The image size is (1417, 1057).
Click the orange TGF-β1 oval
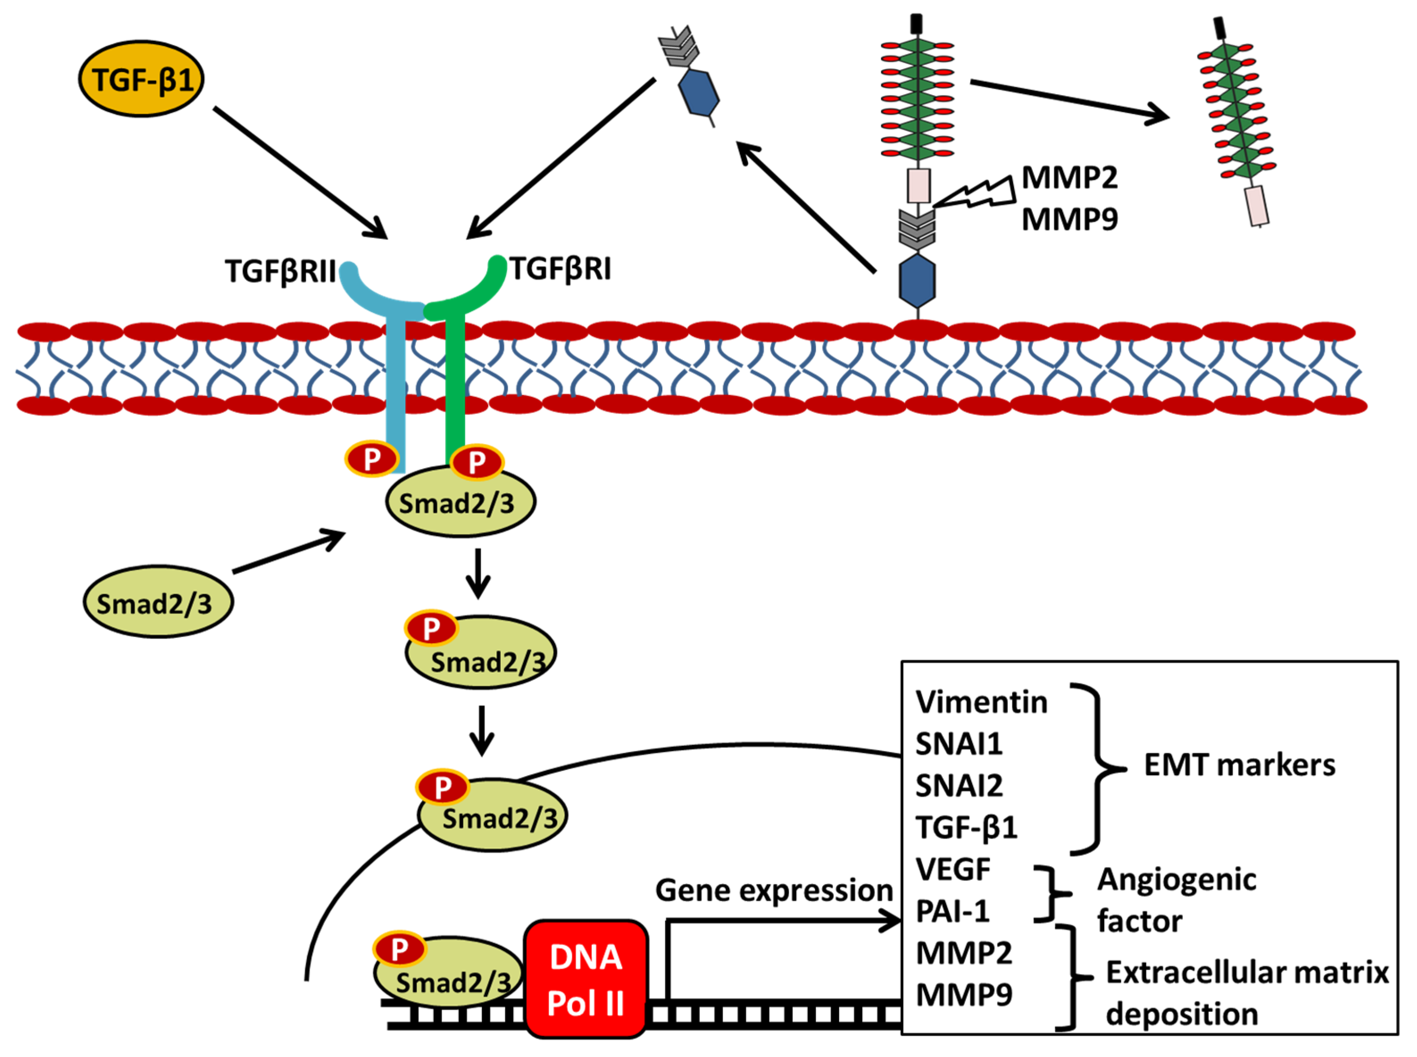141,79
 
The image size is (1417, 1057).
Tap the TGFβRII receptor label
280,271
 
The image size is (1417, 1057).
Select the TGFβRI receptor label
560,269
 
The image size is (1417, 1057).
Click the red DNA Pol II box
585,979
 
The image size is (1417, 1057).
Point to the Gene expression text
773,891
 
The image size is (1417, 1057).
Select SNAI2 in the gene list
958,786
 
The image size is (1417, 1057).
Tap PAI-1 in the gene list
952,911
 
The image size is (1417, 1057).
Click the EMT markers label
1238,765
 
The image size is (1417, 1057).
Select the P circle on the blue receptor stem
371,459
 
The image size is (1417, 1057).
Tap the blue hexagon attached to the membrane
917,282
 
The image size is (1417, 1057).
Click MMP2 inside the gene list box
963,953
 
